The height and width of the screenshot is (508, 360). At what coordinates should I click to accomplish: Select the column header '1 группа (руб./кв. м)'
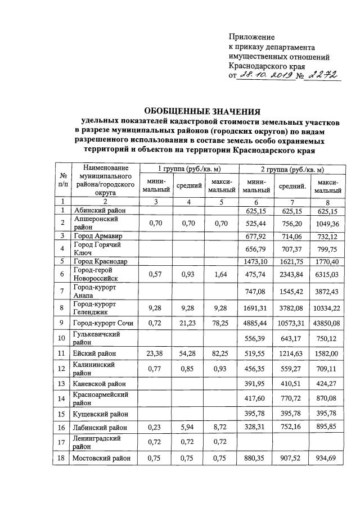[x=189, y=169]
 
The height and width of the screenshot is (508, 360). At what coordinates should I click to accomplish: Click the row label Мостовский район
[x=101, y=457]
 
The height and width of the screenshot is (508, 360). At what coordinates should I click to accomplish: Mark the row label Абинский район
[x=98, y=210]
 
